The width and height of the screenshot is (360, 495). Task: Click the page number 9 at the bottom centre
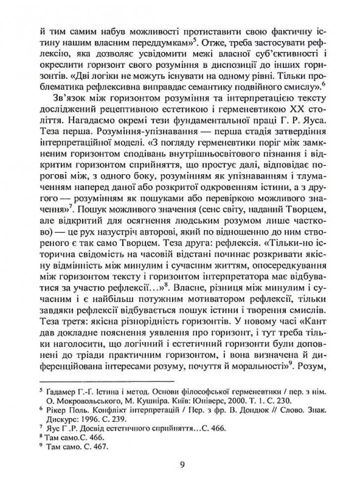(x=183, y=465)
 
